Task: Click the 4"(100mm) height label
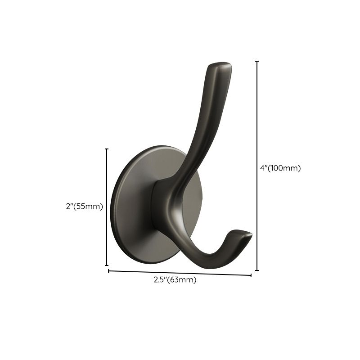coord(280,168)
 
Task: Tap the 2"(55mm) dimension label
coord(85,207)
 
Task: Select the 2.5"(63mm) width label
coord(175,280)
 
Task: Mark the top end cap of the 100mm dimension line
coord(257,61)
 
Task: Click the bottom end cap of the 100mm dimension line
coord(257,270)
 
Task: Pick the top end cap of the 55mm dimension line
coord(107,149)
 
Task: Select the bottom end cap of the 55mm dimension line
coord(107,265)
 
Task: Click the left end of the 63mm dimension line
coord(108,270)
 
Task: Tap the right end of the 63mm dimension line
coord(251,275)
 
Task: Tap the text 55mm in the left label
coord(90,207)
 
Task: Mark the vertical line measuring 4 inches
coord(257,135)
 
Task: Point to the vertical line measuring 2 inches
coord(107,180)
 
